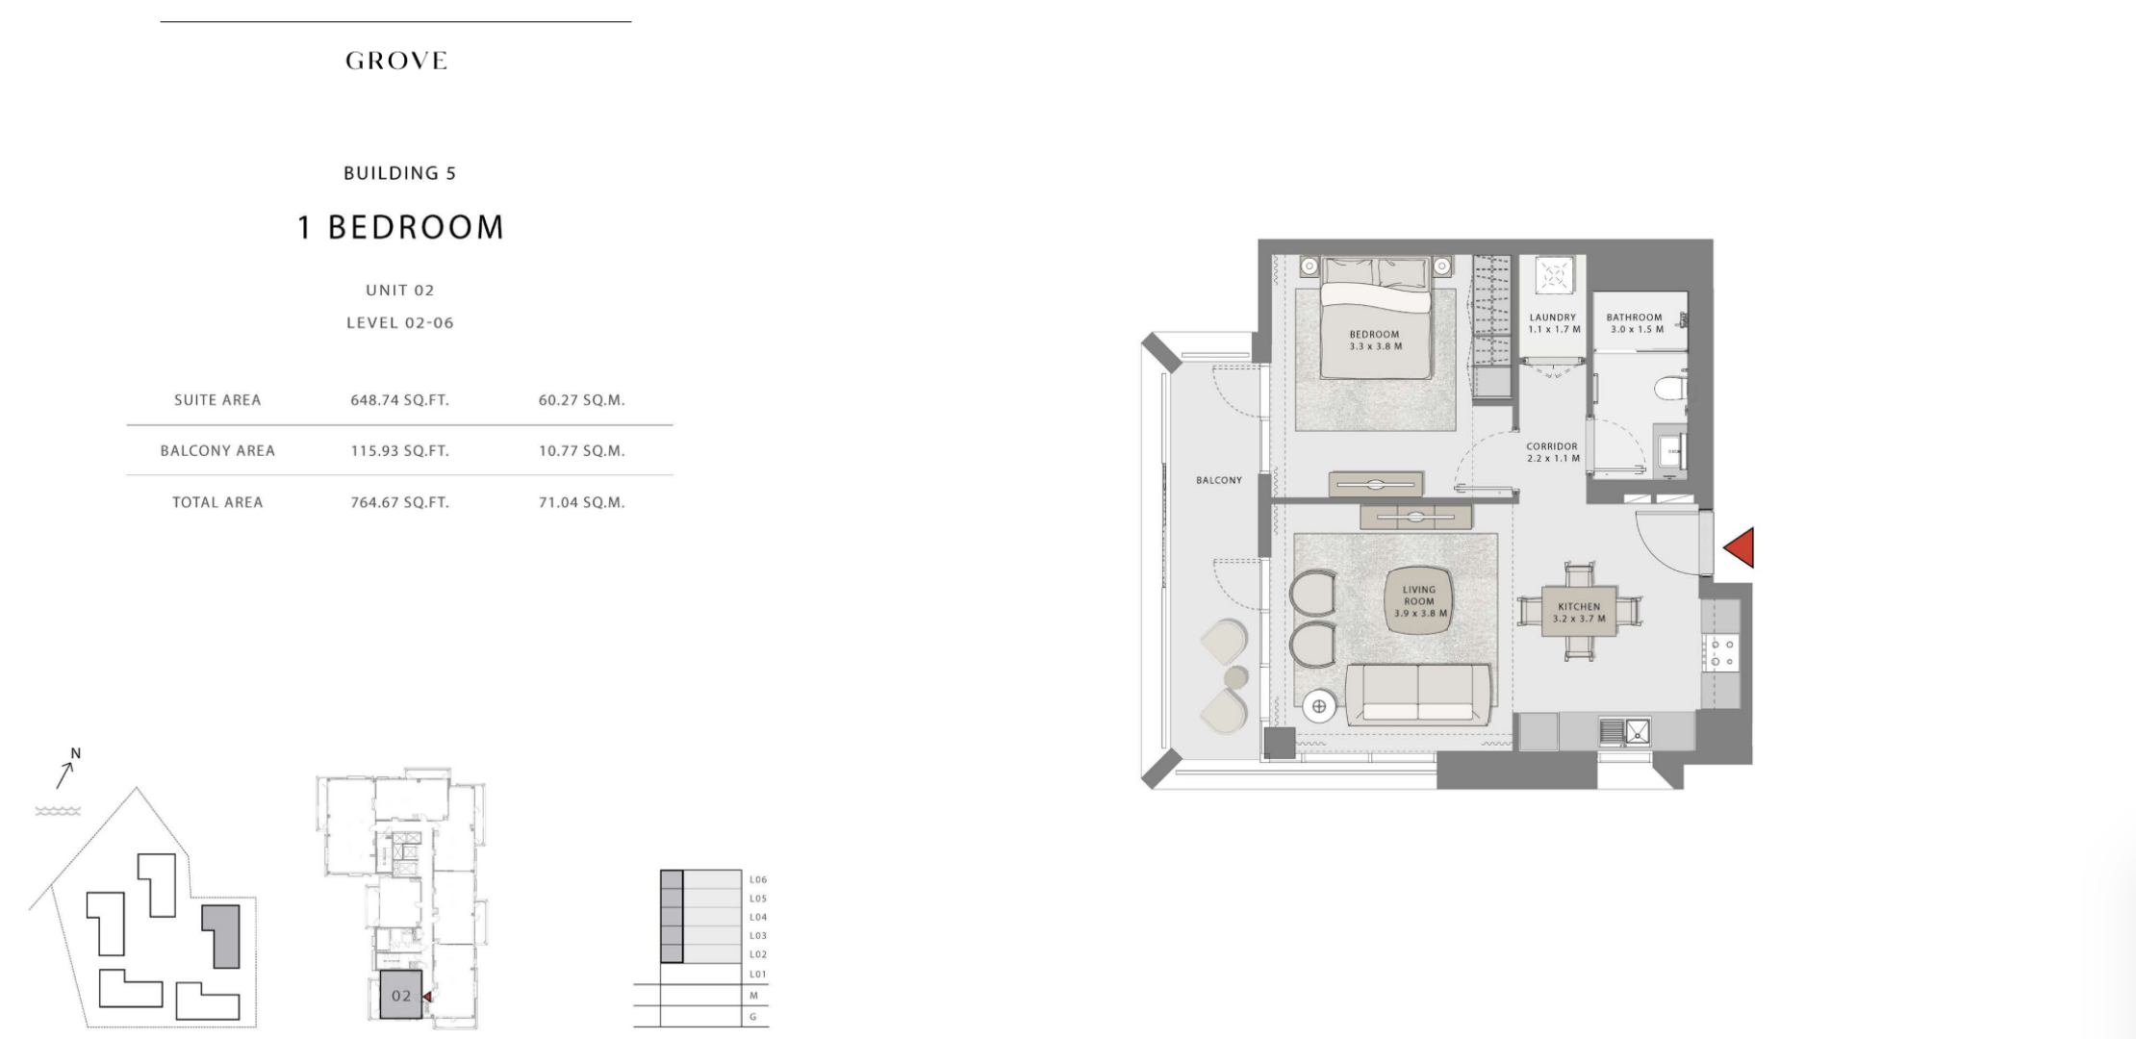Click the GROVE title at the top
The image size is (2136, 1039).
pos(396,61)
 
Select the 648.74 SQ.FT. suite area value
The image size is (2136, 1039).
pos(399,400)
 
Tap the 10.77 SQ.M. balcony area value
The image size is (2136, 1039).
pos(581,450)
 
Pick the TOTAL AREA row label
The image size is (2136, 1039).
pos(217,502)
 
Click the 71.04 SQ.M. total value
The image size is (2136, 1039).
pos(581,502)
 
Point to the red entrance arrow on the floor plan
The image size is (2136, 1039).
pos(1739,547)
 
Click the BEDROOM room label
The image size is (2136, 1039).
pos(1375,335)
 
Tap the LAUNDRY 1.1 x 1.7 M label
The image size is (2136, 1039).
pos(1553,323)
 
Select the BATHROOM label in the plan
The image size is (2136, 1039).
pos(1634,317)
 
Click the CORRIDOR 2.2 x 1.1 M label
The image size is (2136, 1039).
pos(1552,452)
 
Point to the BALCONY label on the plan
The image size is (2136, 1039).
pos(1219,480)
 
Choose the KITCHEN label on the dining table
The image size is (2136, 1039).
pos(1579,607)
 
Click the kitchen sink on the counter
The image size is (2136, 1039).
pos(1625,731)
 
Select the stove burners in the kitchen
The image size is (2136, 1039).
pos(1719,652)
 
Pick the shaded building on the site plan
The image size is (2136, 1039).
pos(221,935)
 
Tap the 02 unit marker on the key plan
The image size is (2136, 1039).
pos(401,996)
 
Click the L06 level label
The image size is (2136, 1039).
pos(758,879)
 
